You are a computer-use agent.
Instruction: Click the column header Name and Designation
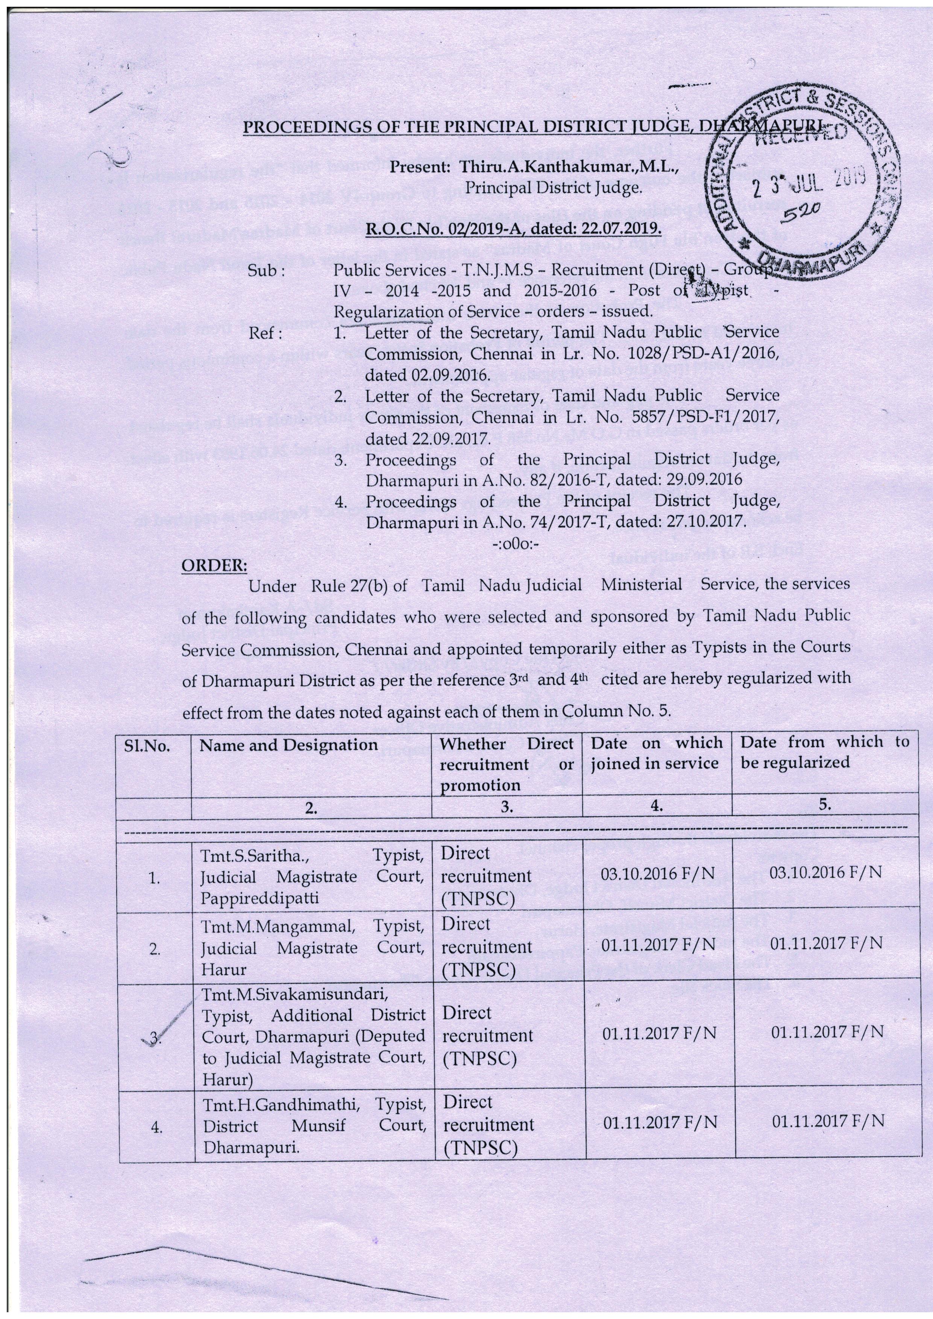[x=288, y=745]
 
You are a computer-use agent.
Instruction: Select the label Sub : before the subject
[x=266, y=271]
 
